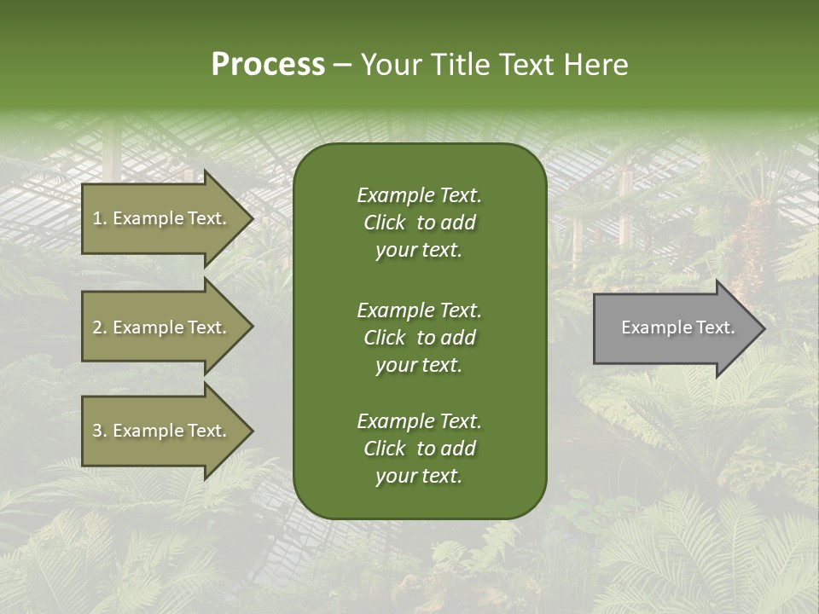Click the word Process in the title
click(x=268, y=65)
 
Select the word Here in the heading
click(x=595, y=65)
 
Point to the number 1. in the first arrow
click(x=100, y=218)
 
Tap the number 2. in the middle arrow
click(x=100, y=327)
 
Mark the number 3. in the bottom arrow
click(x=100, y=431)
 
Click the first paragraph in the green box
click(x=419, y=223)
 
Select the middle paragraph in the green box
click(x=419, y=337)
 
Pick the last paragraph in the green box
click(x=419, y=449)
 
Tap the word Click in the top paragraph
click(x=384, y=223)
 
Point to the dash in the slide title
click(x=342, y=65)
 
